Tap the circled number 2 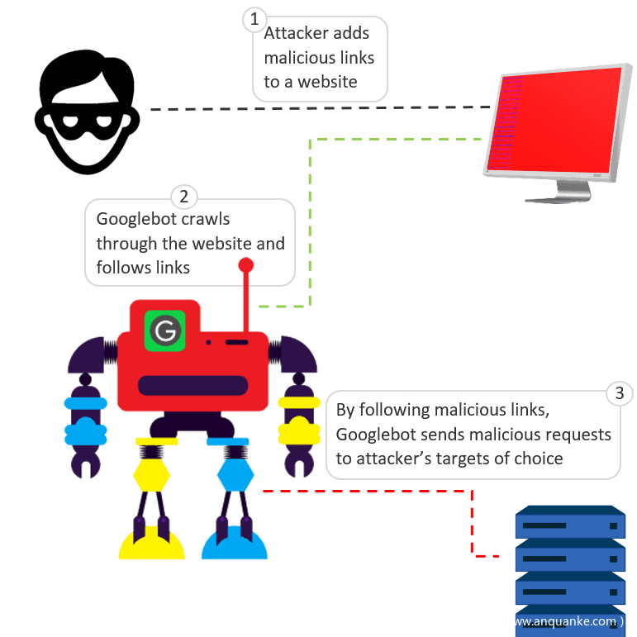tap(183, 197)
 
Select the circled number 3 tap(620, 392)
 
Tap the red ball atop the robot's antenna tap(246, 265)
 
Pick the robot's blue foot tap(235, 545)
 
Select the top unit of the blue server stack tap(569, 523)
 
